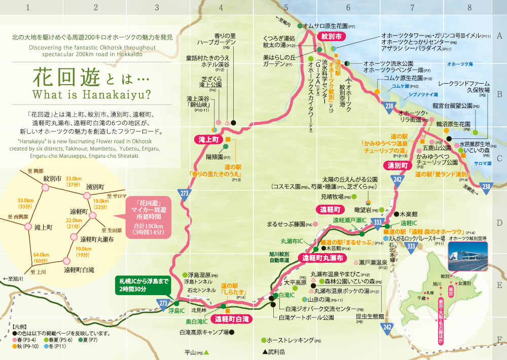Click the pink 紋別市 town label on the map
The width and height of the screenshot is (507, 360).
pyautogui.click(x=331, y=37)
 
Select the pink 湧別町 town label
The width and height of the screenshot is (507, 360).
pyautogui.click(x=397, y=166)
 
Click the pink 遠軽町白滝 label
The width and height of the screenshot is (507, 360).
pyautogui.click(x=232, y=319)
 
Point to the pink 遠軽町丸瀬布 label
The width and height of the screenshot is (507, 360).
pyautogui.click(x=322, y=258)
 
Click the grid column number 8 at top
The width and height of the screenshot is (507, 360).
pyautogui.click(x=469, y=8)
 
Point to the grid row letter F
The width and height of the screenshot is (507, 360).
pyautogui.click(x=499, y=340)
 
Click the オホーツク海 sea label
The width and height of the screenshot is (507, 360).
pyautogui.click(x=460, y=64)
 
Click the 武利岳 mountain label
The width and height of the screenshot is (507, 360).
pyautogui.click(x=274, y=351)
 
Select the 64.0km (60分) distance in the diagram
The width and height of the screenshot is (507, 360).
pyautogui.click(x=41, y=258)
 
